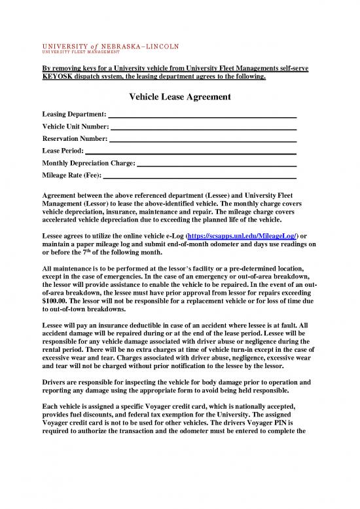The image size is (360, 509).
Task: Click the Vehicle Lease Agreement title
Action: pyautogui.click(x=180, y=97)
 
